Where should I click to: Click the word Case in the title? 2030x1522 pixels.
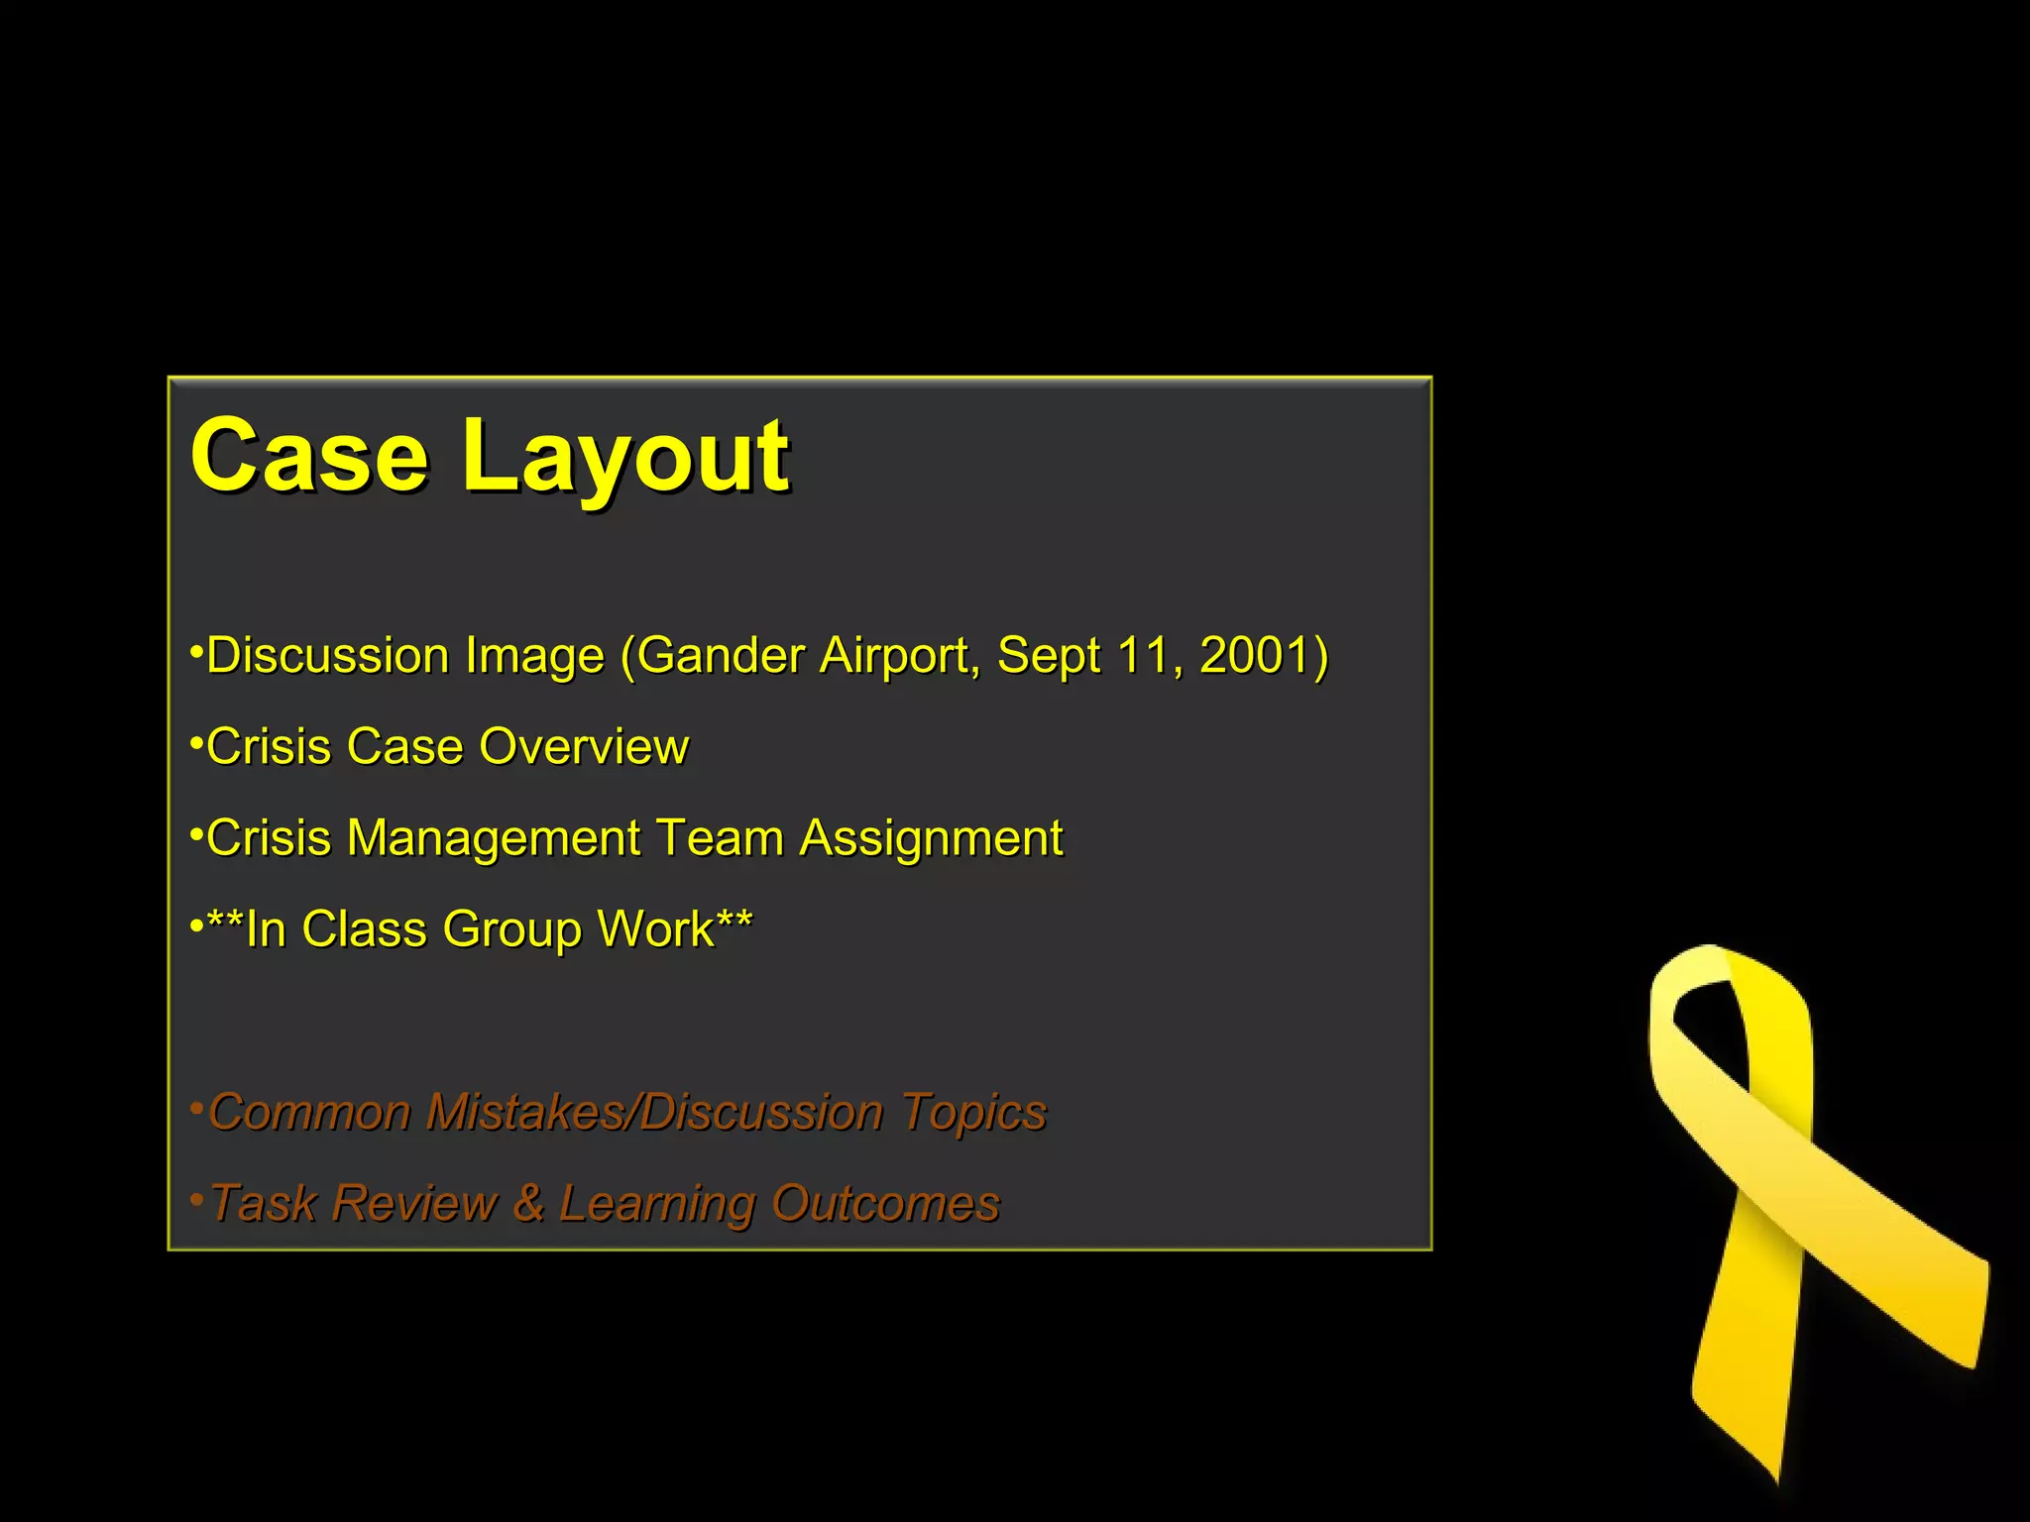pos(309,456)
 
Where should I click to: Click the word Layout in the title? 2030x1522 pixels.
pos(625,458)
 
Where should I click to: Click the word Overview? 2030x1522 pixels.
pos(584,747)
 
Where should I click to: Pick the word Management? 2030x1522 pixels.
pos(493,839)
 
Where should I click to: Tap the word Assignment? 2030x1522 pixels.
pos(931,839)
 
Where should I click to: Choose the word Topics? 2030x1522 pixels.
pos(973,1113)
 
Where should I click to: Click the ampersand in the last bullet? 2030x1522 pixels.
pos(528,1204)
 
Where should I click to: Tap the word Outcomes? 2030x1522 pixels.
pos(885,1204)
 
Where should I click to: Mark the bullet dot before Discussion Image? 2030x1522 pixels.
pos(197,652)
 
